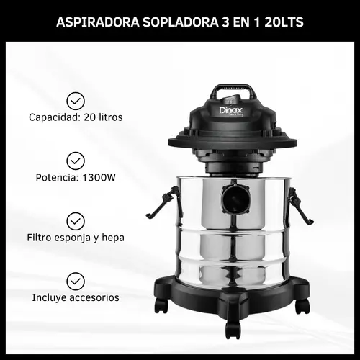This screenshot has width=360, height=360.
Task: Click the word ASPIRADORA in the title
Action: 98,22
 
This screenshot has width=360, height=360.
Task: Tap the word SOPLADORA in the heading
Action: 181,22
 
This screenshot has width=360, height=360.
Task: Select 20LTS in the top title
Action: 284,22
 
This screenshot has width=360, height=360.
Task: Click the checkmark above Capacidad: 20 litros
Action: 76,101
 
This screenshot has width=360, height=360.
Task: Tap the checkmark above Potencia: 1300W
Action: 76,161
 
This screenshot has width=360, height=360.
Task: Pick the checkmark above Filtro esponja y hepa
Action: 76,221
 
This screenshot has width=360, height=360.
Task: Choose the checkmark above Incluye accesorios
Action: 76,281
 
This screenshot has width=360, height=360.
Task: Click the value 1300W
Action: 99,178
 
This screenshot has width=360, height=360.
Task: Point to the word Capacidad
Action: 55,117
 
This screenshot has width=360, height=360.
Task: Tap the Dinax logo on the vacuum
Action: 231,110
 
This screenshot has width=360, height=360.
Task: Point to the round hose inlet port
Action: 235,199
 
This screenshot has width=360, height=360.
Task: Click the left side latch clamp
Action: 164,203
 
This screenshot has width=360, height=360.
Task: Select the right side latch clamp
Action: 300,206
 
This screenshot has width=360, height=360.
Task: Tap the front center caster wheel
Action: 233,329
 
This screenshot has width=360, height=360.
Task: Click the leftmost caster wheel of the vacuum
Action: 161,305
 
